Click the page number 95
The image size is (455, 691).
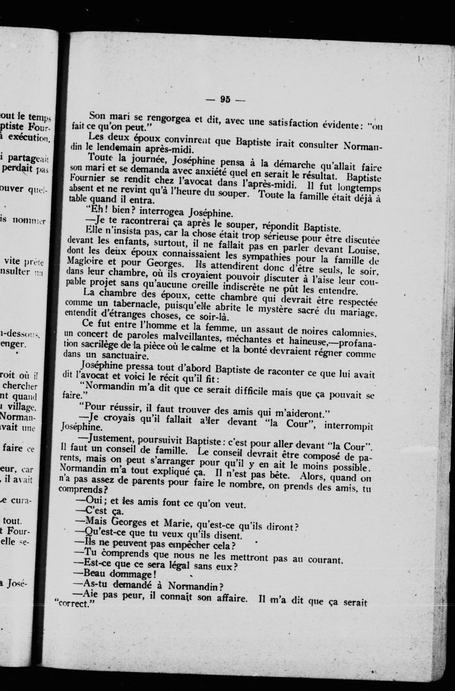(225, 100)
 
